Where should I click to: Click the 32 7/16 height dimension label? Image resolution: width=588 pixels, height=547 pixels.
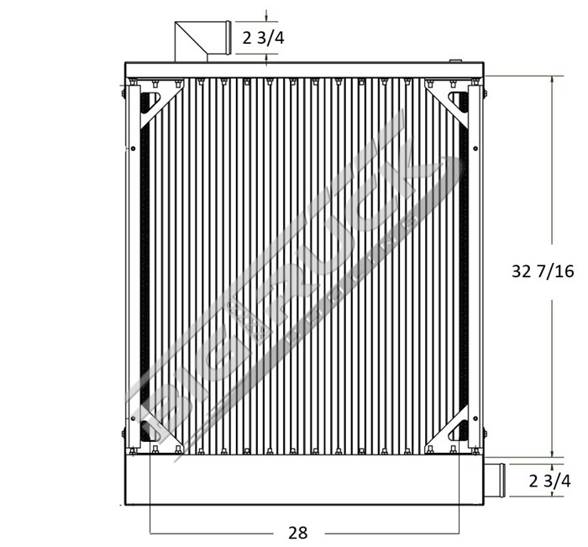(542, 271)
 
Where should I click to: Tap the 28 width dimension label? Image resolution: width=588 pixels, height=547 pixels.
(297, 533)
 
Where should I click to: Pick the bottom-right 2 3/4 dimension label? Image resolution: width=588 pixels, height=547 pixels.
(550, 481)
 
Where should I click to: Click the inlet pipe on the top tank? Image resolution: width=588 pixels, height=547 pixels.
(202, 41)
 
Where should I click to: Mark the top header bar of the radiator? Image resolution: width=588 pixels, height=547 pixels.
(302, 69)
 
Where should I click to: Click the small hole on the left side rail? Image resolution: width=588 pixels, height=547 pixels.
(134, 149)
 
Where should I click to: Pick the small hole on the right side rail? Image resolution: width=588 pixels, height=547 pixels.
(475, 149)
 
